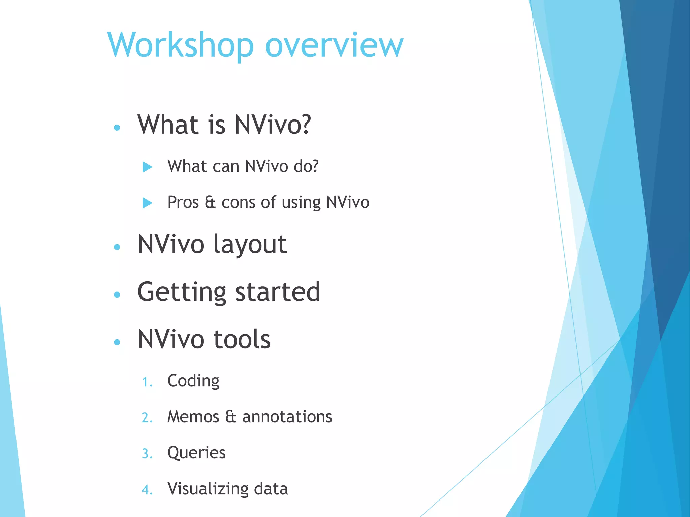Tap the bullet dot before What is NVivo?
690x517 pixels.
pyautogui.click(x=117, y=128)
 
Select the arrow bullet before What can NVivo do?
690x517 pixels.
pyautogui.click(x=147, y=167)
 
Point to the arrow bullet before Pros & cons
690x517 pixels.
pyautogui.click(x=147, y=203)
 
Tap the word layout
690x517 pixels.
pyautogui.click(x=250, y=245)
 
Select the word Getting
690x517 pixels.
pyautogui.click(x=182, y=292)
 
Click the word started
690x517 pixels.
pyautogui.click(x=277, y=292)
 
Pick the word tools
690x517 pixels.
pyautogui.click(x=242, y=339)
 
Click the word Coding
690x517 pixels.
pyautogui.click(x=193, y=381)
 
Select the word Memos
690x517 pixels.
pyautogui.click(x=193, y=417)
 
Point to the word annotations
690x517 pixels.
pyautogui.click(x=287, y=417)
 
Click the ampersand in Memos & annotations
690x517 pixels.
pyautogui.click(x=231, y=417)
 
